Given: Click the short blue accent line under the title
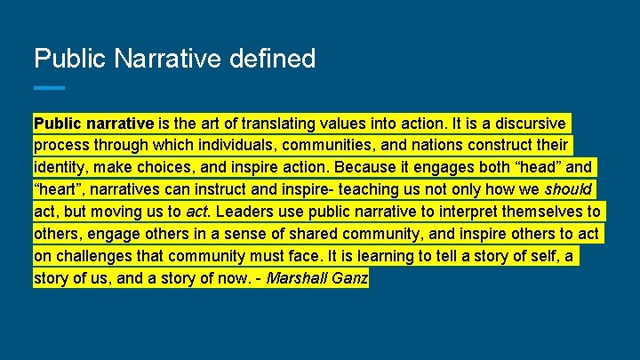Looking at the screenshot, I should pos(49,87).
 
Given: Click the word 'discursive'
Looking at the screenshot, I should pos(529,123).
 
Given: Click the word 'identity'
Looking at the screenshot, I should pos(60,167).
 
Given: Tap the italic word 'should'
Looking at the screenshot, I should pos(568,189).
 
